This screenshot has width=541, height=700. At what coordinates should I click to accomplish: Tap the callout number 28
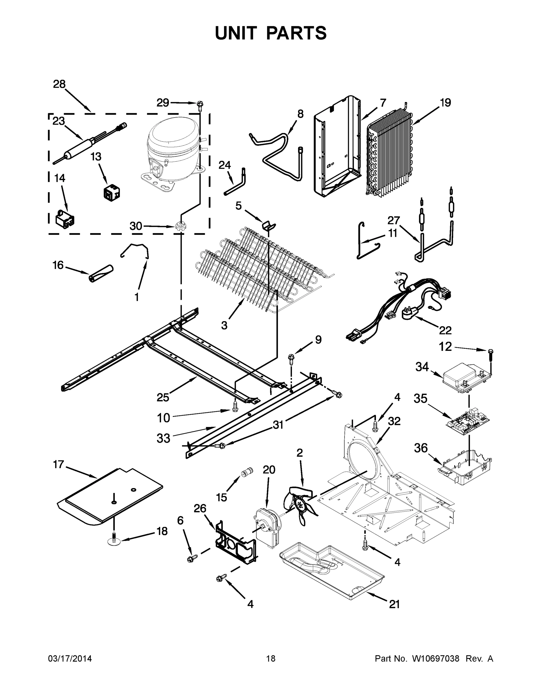(59, 84)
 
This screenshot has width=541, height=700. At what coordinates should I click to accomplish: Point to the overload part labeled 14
(65, 220)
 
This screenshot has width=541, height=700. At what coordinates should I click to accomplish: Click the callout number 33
(163, 438)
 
